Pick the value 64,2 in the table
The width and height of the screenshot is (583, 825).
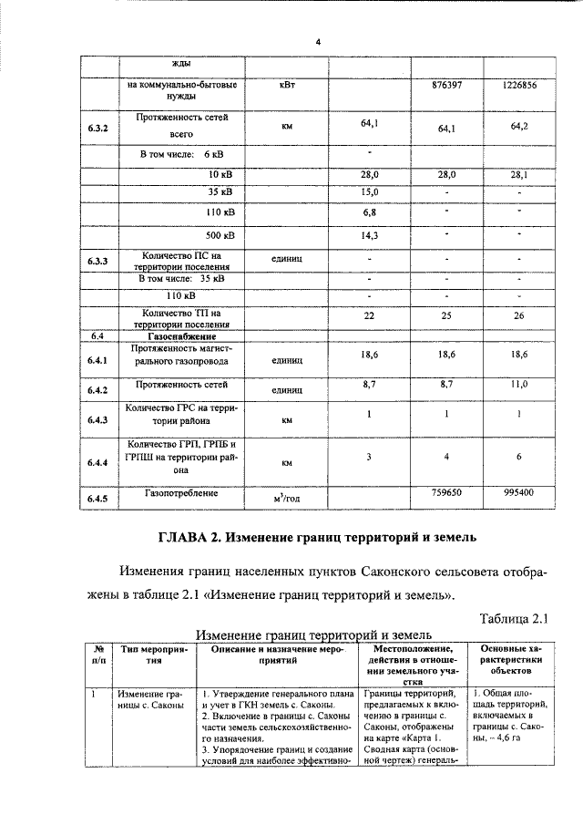[x=519, y=126]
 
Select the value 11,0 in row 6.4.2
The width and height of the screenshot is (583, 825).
[x=519, y=385]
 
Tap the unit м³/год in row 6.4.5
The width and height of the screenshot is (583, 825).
[x=286, y=497]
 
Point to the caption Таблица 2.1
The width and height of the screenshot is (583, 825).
[x=512, y=619]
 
